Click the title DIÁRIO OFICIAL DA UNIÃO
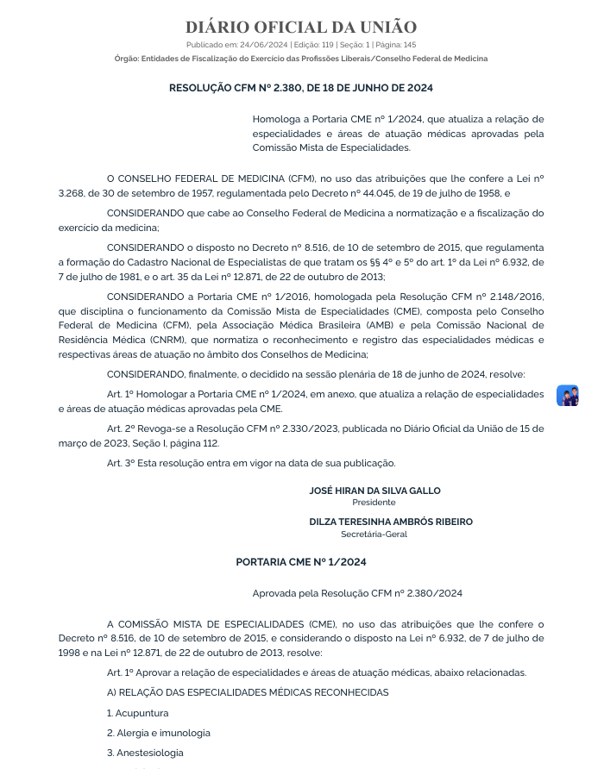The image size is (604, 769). tap(301, 28)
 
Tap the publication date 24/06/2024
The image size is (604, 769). tap(263, 45)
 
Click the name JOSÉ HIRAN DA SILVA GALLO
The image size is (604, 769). tap(374, 491)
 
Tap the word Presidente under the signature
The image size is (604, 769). tap(374, 502)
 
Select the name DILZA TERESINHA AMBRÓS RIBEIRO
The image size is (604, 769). tap(391, 522)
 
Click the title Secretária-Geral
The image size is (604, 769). tap(374, 534)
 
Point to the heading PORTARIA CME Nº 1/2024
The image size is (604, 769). tap(301, 562)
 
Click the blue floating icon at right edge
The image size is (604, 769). tap(567, 396)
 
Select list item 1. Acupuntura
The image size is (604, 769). tap(138, 713)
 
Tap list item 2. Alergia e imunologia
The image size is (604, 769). tap(159, 733)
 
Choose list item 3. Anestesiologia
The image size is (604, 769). tap(145, 753)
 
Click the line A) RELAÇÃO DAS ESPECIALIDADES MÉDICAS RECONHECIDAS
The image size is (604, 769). tap(248, 692)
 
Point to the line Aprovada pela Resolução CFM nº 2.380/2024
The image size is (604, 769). tap(357, 593)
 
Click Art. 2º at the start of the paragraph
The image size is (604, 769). tap(119, 428)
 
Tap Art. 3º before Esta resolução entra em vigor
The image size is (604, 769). tap(119, 463)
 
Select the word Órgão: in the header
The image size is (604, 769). tap(126, 59)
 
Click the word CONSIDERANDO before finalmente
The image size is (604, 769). tap(146, 374)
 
